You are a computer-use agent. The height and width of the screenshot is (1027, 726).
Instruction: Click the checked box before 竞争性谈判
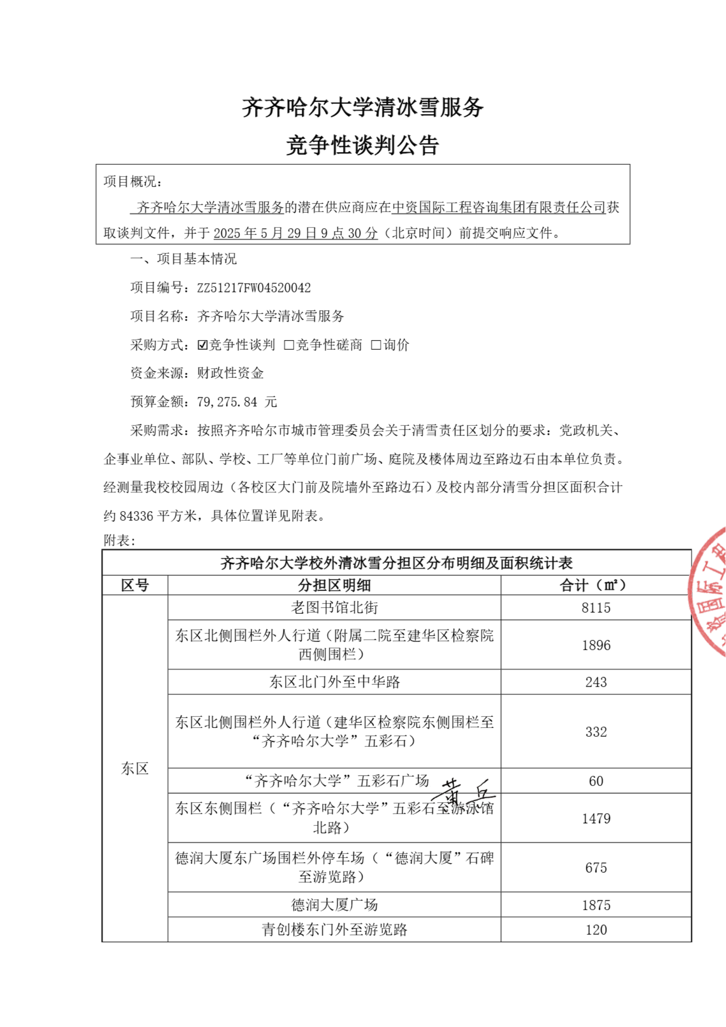click(202, 345)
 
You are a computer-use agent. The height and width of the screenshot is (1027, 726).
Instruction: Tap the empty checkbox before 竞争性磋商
click(289, 345)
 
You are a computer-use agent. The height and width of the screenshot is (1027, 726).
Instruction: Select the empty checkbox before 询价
click(376, 345)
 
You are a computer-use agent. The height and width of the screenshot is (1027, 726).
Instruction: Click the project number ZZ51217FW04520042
click(253, 288)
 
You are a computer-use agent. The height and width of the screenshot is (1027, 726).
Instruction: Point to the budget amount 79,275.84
click(227, 402)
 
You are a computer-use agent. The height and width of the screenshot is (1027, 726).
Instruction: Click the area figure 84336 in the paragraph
click(137, 516)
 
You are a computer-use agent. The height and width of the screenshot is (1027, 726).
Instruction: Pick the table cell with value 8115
click(596, 608)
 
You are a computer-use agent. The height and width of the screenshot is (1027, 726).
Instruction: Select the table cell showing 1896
click(596, 645)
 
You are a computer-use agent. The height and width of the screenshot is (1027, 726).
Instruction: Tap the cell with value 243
click(596, 682)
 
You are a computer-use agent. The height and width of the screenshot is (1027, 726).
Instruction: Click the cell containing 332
click(596, 732)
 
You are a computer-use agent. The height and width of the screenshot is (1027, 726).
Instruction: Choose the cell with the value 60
click(596, 781)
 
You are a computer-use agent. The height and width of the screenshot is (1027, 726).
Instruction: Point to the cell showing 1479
click(596, 818)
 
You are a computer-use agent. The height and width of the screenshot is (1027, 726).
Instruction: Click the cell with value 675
click(596, 868)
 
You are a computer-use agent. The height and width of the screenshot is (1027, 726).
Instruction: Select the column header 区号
click(135, 585)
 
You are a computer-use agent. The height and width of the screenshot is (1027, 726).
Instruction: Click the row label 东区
click(135, 768)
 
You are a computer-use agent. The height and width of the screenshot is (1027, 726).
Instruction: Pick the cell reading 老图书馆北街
click(334, 608)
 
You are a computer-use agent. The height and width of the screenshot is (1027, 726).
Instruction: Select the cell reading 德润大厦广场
click(334, 905)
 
